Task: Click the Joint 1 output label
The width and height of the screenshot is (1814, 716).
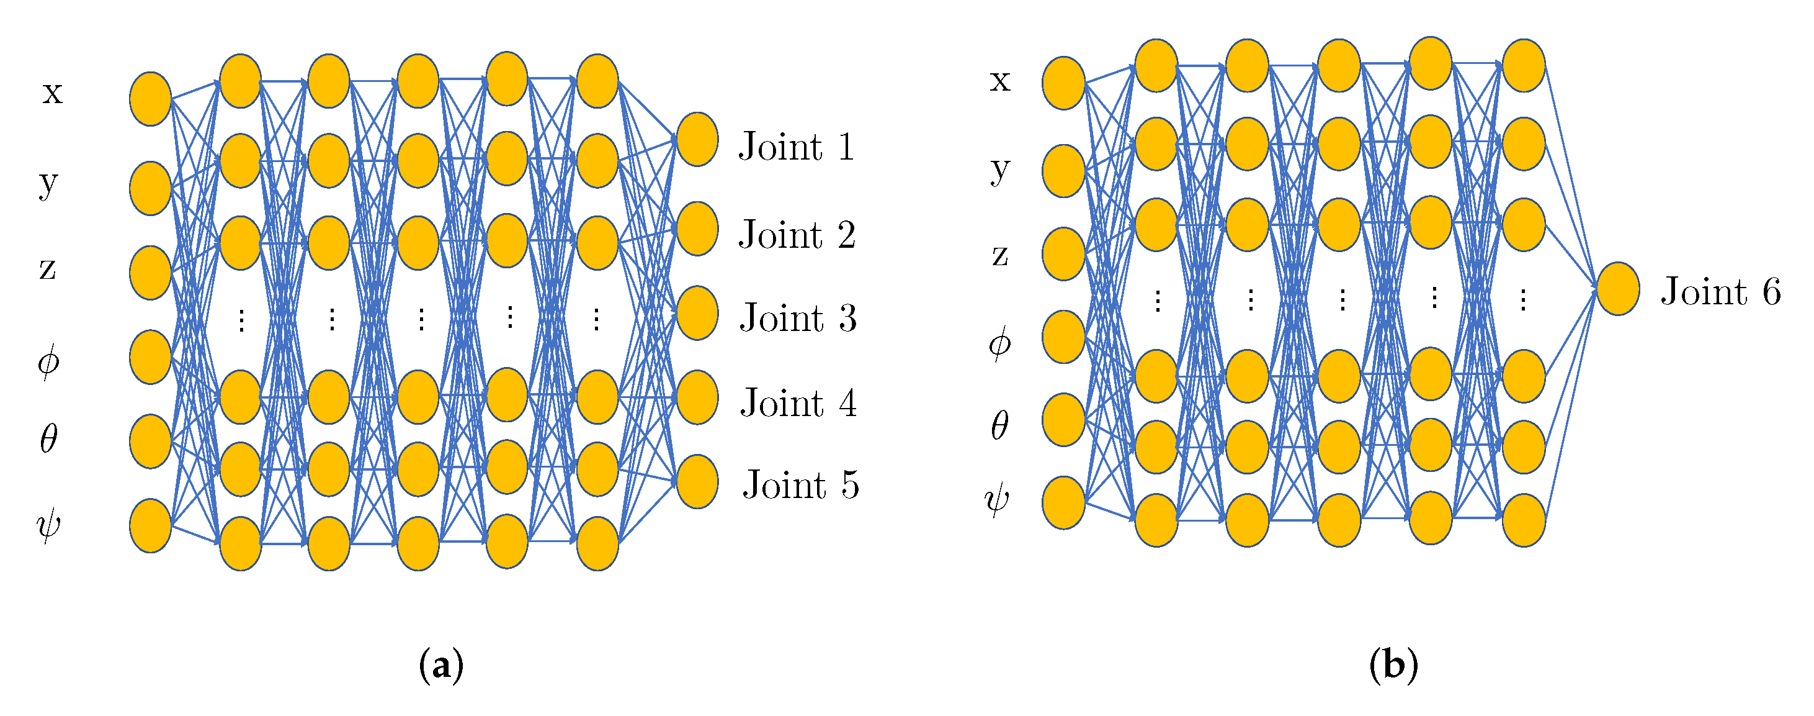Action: tap(797, 147)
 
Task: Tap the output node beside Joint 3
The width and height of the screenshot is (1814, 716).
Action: tap(697, 313)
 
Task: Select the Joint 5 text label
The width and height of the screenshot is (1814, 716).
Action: tap(801, 485)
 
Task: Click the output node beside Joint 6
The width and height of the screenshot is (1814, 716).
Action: tap(1617, 289)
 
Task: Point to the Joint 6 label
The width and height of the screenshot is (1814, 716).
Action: tap(1720, 291)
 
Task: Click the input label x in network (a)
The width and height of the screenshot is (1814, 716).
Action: tap(52, 93)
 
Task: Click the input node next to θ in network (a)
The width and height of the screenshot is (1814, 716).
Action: tap(150, 441)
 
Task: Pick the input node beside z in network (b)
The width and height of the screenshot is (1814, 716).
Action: tap(1063, 254)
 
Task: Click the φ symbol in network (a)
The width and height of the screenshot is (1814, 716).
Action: tap(48, 361)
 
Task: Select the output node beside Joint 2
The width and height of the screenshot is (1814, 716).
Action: tap(697, 229)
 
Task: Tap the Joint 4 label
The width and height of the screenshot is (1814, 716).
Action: tap(798, 402)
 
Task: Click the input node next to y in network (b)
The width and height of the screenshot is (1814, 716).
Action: tap(1063, 171)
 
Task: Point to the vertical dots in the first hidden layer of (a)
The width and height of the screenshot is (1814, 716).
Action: tap(241, 320)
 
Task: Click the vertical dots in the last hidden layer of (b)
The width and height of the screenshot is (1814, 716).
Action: tap(1522, 299)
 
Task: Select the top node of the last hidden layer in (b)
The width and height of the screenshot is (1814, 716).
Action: tap(1523, 66)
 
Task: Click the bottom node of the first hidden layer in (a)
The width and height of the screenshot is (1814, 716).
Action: tap(240, 543)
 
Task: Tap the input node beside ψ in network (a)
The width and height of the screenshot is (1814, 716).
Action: tap(150, 526)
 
